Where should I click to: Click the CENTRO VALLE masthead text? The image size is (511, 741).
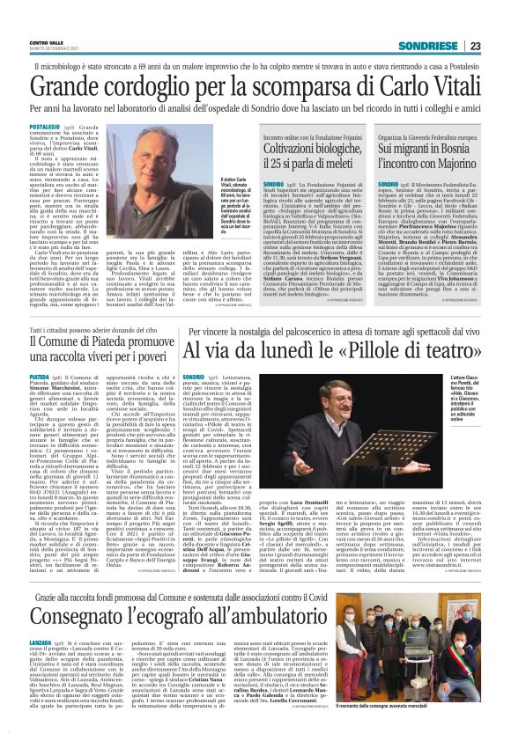47,43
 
